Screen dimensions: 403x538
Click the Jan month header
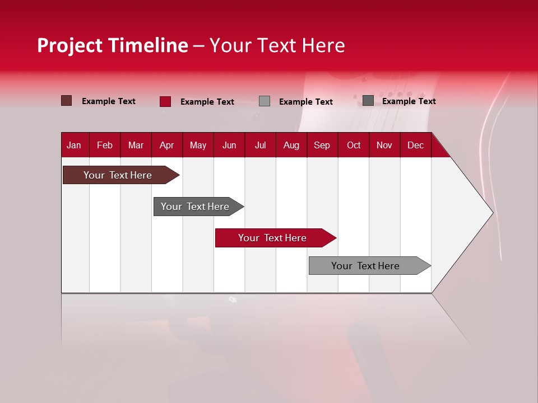[74, 146]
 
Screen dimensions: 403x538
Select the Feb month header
[105, 146]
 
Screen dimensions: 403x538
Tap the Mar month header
[136, 146]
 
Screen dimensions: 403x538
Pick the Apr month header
[166, 146]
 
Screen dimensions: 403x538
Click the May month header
[198, 146]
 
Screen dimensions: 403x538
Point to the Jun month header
[229, 146]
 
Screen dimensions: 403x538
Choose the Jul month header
[260, 146]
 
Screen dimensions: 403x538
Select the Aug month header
[291, 146]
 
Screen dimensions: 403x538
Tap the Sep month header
[322, 146]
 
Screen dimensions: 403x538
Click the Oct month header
[354, 146]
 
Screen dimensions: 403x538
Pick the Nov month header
[384, 146]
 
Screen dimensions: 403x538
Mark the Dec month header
[415, 146]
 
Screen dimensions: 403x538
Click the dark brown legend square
[67, 101]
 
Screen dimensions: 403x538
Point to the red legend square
[165, 101]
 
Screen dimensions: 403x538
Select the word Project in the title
[70, 45]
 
